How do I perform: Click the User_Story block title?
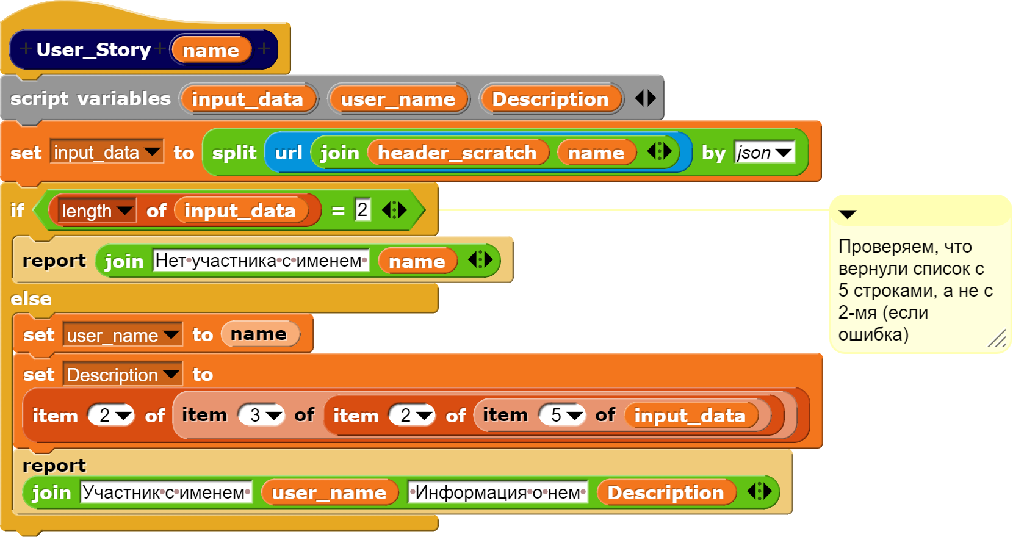point(93,49)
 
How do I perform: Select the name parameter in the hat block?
point(211,50)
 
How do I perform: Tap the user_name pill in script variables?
point(398,99)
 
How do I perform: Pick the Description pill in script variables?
point(550,99)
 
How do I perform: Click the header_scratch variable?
point(457,153)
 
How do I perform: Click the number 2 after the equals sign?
point(362,210)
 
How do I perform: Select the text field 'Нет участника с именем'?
point(261,261)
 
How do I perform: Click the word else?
point(31,299)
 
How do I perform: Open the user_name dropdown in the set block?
point(122,335)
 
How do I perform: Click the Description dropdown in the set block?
point(122,375)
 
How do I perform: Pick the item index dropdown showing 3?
point(261,416)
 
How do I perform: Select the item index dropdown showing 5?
point(562,416)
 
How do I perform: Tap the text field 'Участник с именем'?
point(166,492)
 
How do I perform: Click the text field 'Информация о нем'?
point(497,492)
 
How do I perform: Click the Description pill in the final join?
point(665,492)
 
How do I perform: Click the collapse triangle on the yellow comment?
point(848,214)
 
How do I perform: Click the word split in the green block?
point(234,153)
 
